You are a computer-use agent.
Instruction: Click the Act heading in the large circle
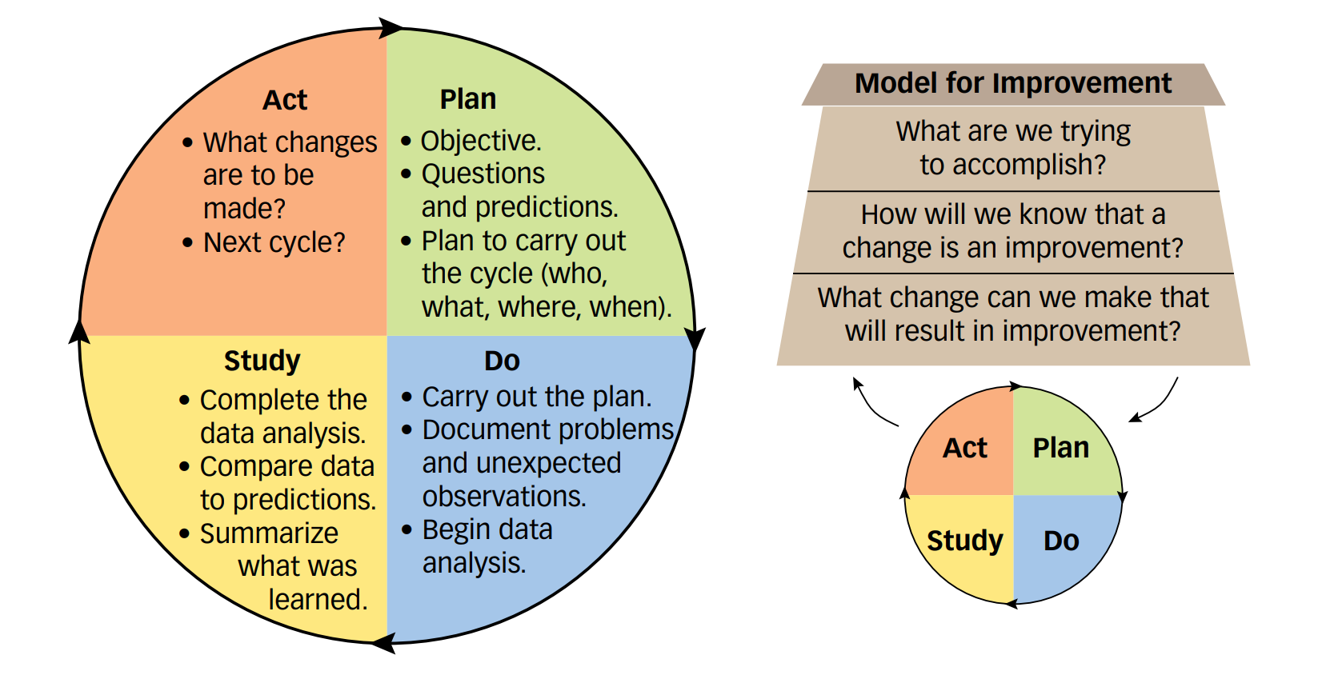pos(285,100)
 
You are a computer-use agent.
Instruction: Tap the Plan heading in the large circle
pos(468,99)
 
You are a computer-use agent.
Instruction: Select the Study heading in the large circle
pos(262,361)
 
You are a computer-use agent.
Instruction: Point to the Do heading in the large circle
pos(502,361)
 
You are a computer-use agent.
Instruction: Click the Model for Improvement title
pos(1012,83)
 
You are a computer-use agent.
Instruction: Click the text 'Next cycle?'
pos(274,242)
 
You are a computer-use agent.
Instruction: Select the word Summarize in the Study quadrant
pos(269,533)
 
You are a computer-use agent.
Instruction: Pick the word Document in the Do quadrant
pos(475,429)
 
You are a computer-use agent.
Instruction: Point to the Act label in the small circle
pos(965,448)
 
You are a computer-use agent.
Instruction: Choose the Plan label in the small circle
pos(1060,448)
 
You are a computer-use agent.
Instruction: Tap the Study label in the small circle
pos(964,541)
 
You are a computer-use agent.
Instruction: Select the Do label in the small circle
pos(1061,541)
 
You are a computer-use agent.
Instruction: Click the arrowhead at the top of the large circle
pos(391,28)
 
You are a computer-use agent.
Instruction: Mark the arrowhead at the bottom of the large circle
pos(383,643)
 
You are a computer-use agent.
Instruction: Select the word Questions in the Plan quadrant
pos(483,174)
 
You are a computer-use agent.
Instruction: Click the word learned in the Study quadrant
pos(318,600)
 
